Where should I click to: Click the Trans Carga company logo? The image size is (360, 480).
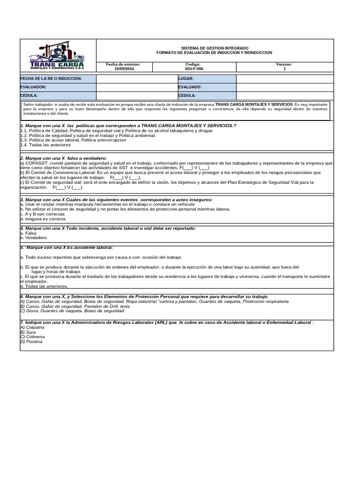[58, 56]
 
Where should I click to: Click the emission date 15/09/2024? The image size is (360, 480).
[124, 69]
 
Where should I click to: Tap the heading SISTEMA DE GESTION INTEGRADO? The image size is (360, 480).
[215, 48]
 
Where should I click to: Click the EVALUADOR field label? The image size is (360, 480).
[33, 87]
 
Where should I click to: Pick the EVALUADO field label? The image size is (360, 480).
[190, 87]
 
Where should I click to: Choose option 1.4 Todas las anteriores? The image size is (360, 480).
[45, 145]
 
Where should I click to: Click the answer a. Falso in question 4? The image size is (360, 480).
[29, 233]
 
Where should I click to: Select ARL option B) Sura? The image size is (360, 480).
[28, 332]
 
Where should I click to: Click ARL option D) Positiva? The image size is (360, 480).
[31, 342]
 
